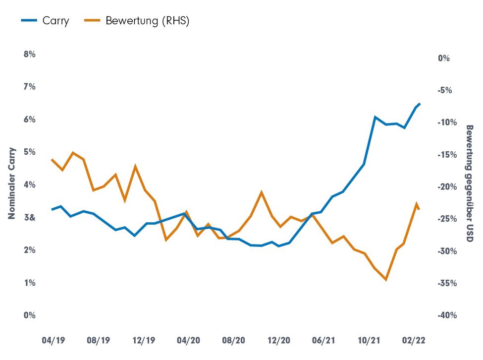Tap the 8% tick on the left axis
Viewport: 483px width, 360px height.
tap(30, 54)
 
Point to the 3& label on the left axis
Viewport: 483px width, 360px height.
tap(30, 218)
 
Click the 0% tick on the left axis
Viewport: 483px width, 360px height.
tap(30, 315)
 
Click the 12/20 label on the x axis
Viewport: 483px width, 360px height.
tap(279, 341)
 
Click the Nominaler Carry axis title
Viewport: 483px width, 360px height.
tap(11, 184)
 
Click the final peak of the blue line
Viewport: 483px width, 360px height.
tap(420, 104)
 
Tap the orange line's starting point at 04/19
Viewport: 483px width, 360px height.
tap(52, 159)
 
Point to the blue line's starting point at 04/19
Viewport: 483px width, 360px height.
tap(52, 210)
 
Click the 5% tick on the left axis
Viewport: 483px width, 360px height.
tap(30, 152)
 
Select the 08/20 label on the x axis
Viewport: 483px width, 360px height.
tap(233, 341)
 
